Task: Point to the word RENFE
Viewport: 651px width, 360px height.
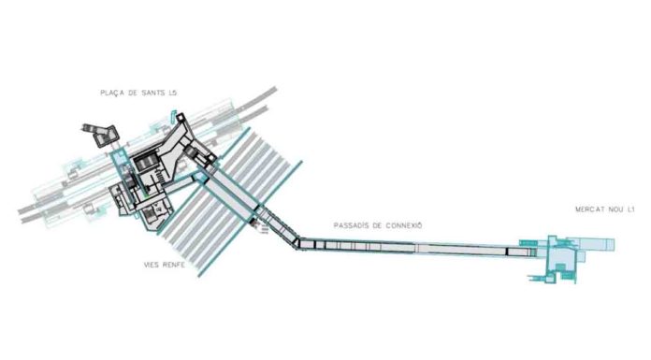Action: pyautogui.click(x=168, y=265)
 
